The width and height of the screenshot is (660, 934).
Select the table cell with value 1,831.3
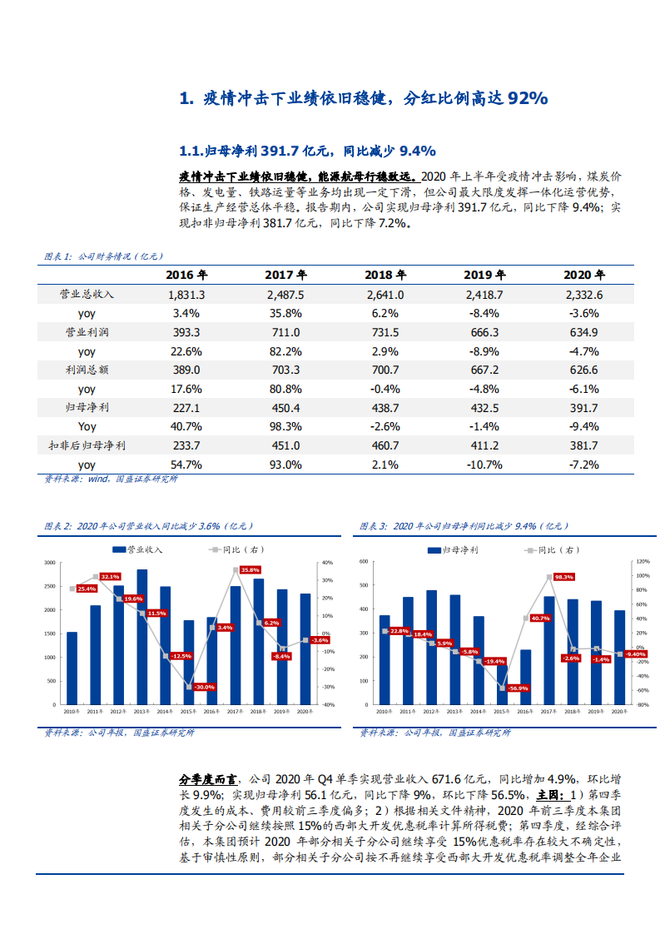pyautogui.click(x=186, y=294)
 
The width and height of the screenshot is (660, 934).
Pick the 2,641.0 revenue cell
pyautogui.click(x=385, y=294)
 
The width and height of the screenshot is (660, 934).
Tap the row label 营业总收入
pyautogui.click(x=87, y=294)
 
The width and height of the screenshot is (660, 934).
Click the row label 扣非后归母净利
pyautogui.click(x=87, y=445)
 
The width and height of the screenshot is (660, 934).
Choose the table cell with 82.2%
pyautogui.click(x=285, y=350)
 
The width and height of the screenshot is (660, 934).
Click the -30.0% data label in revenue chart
pyautogui.click(x=204, y=687)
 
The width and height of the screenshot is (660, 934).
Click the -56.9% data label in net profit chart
pyautogui.click(x=519, y=688)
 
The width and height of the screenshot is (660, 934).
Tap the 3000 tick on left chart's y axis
pyautogui.click(x=50, y=564)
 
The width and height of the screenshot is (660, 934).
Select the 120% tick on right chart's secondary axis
pyautogui.click(x=642, y=562)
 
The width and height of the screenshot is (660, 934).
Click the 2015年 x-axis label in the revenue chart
pyautogui.click(x=188, y=712)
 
